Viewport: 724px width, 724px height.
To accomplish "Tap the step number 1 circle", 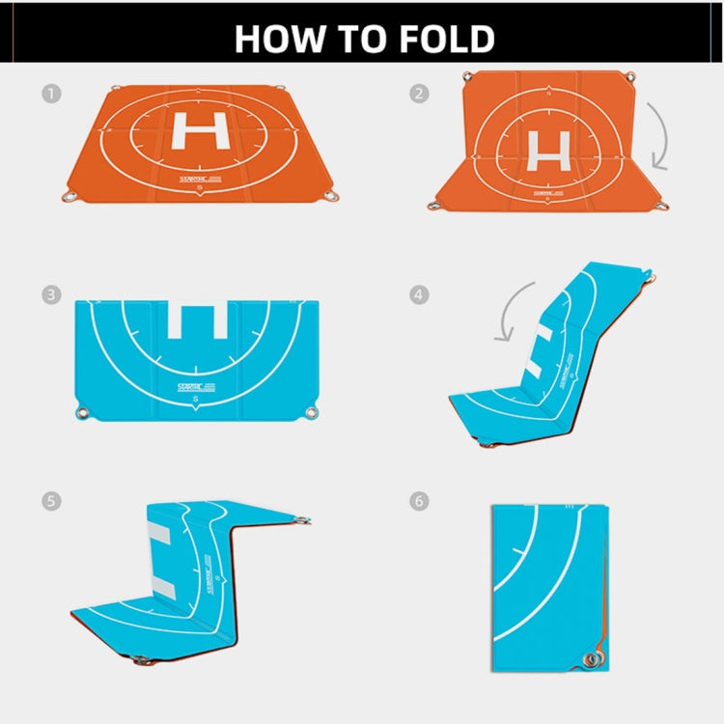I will [50, 94].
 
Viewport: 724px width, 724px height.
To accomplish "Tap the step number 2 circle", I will [419, 94].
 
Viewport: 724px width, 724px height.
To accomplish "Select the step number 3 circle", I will [50, 294].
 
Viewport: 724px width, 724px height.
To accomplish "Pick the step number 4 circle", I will [419, 294].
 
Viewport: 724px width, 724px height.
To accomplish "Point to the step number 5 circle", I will [50, 501].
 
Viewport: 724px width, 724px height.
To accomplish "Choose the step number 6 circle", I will [419, 501].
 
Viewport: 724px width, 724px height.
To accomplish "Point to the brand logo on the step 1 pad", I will [201, 179].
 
